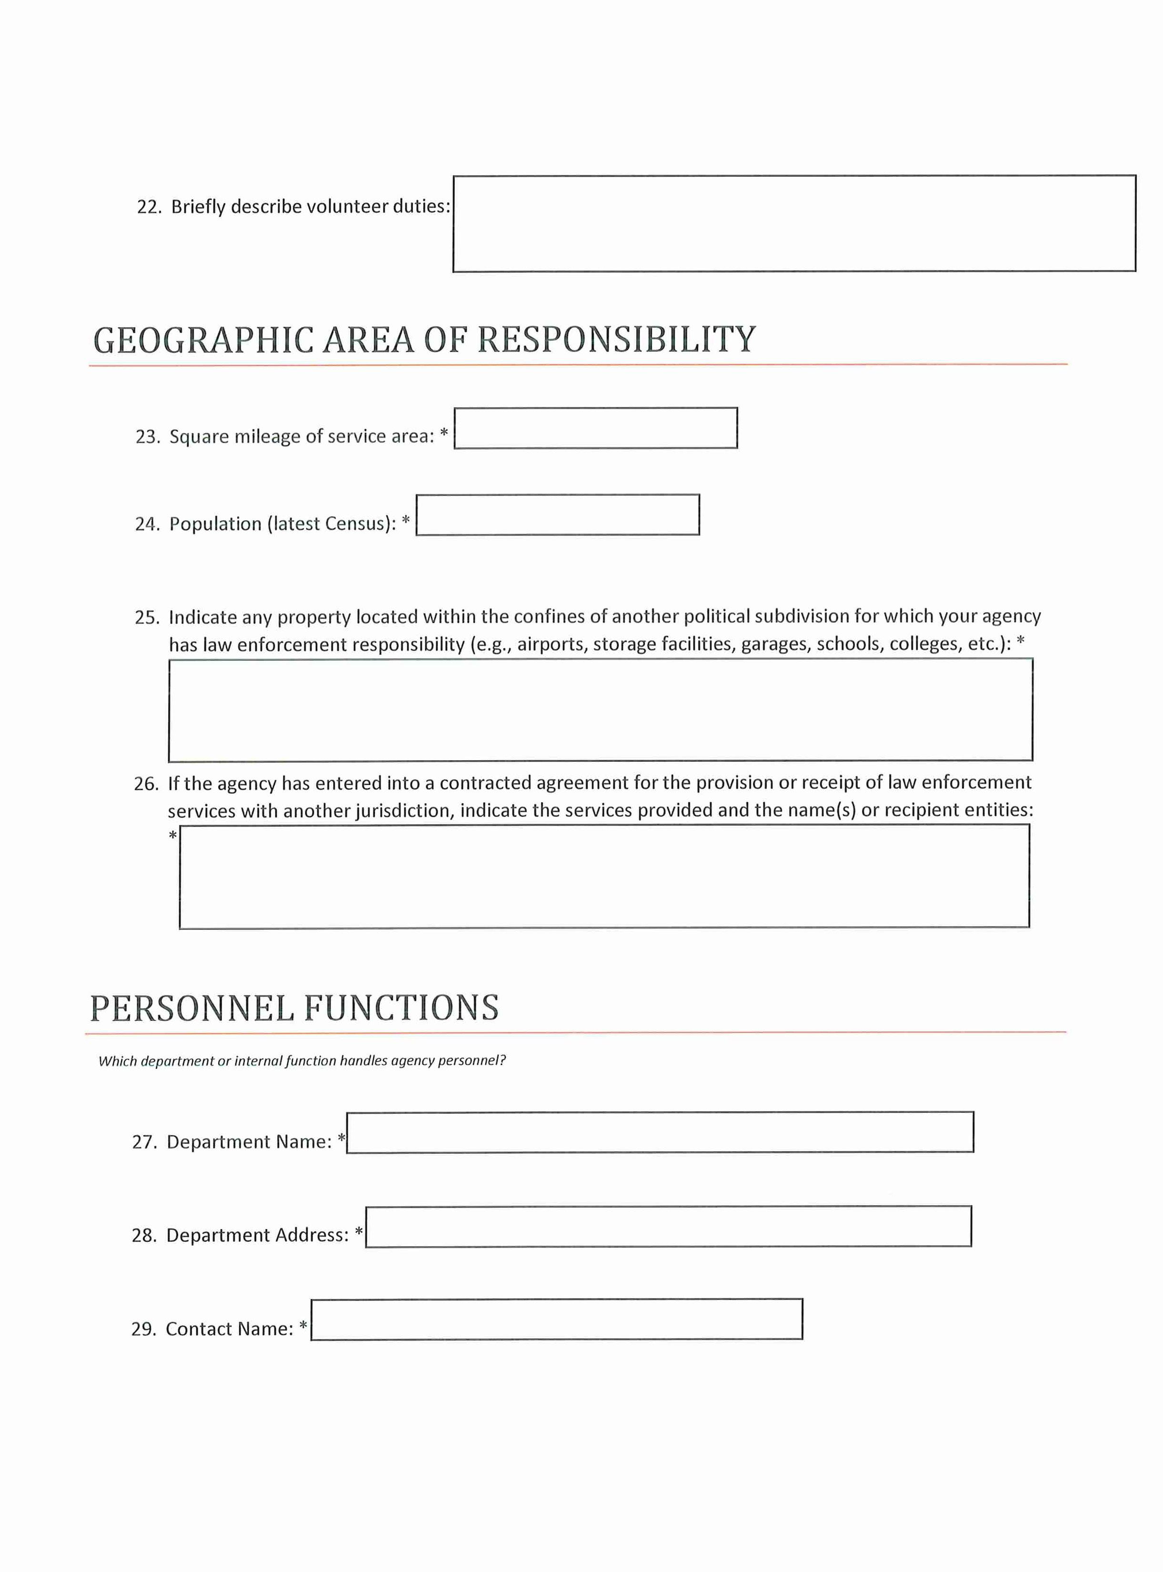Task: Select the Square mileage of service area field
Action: [596, 428]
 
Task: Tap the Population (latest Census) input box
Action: [558, 514]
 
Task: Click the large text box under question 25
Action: [601, 710]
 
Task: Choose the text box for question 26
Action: [604, 877]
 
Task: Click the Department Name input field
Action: [660, 1132]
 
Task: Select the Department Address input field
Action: [668, 1226]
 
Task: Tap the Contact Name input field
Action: [556, 1319]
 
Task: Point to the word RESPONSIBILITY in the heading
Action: [616, 339]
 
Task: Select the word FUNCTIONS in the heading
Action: [402, 1008]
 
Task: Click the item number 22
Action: [149, 207]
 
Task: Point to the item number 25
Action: [146, 617]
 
